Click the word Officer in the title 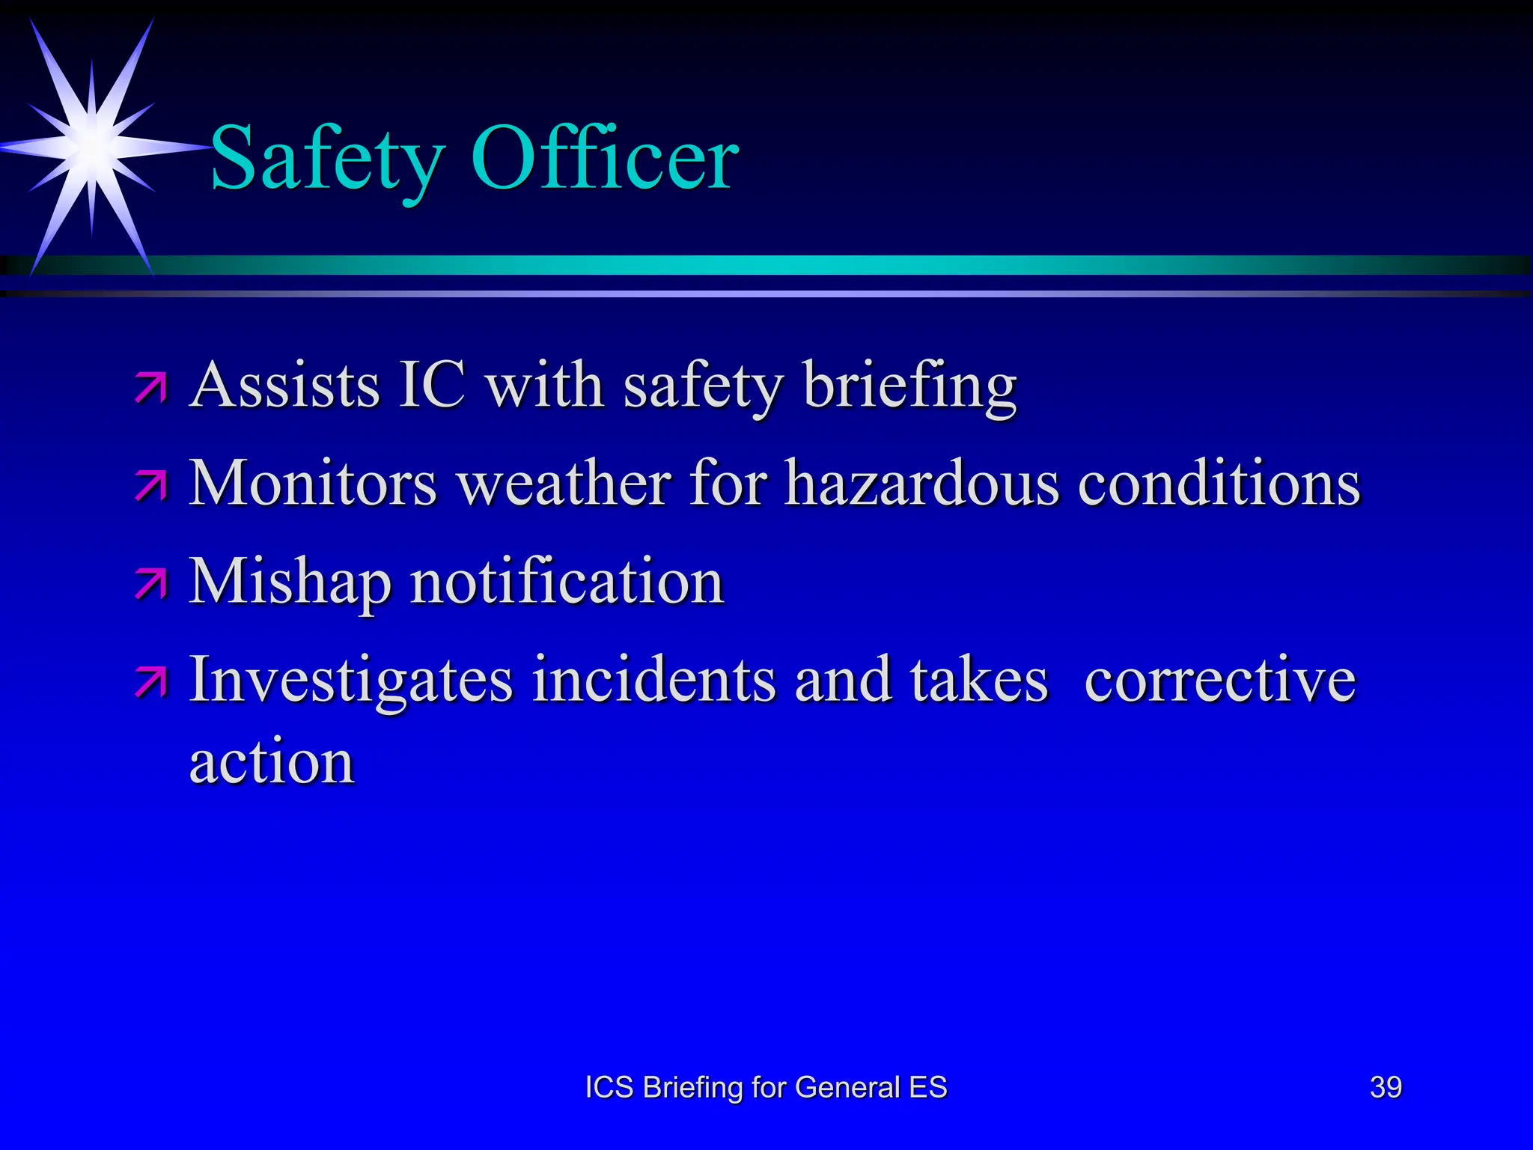click(x=605, y=158)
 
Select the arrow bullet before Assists click(x=151, y=388)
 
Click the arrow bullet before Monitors click(x=151, y=486)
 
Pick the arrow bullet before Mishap click(x=151, y=584)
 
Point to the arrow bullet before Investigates click(x=151, y=682)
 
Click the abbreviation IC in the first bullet click(x=432, y=385)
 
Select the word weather click(x=564, y=484)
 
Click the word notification click(x=567, y=582)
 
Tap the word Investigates click(x=351, y=681)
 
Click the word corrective click(x=1220, y=680)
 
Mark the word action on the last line click(x=272, y=762)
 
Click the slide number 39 click(x=1386, y=1087)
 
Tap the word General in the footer click(x=847, y=1087)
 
